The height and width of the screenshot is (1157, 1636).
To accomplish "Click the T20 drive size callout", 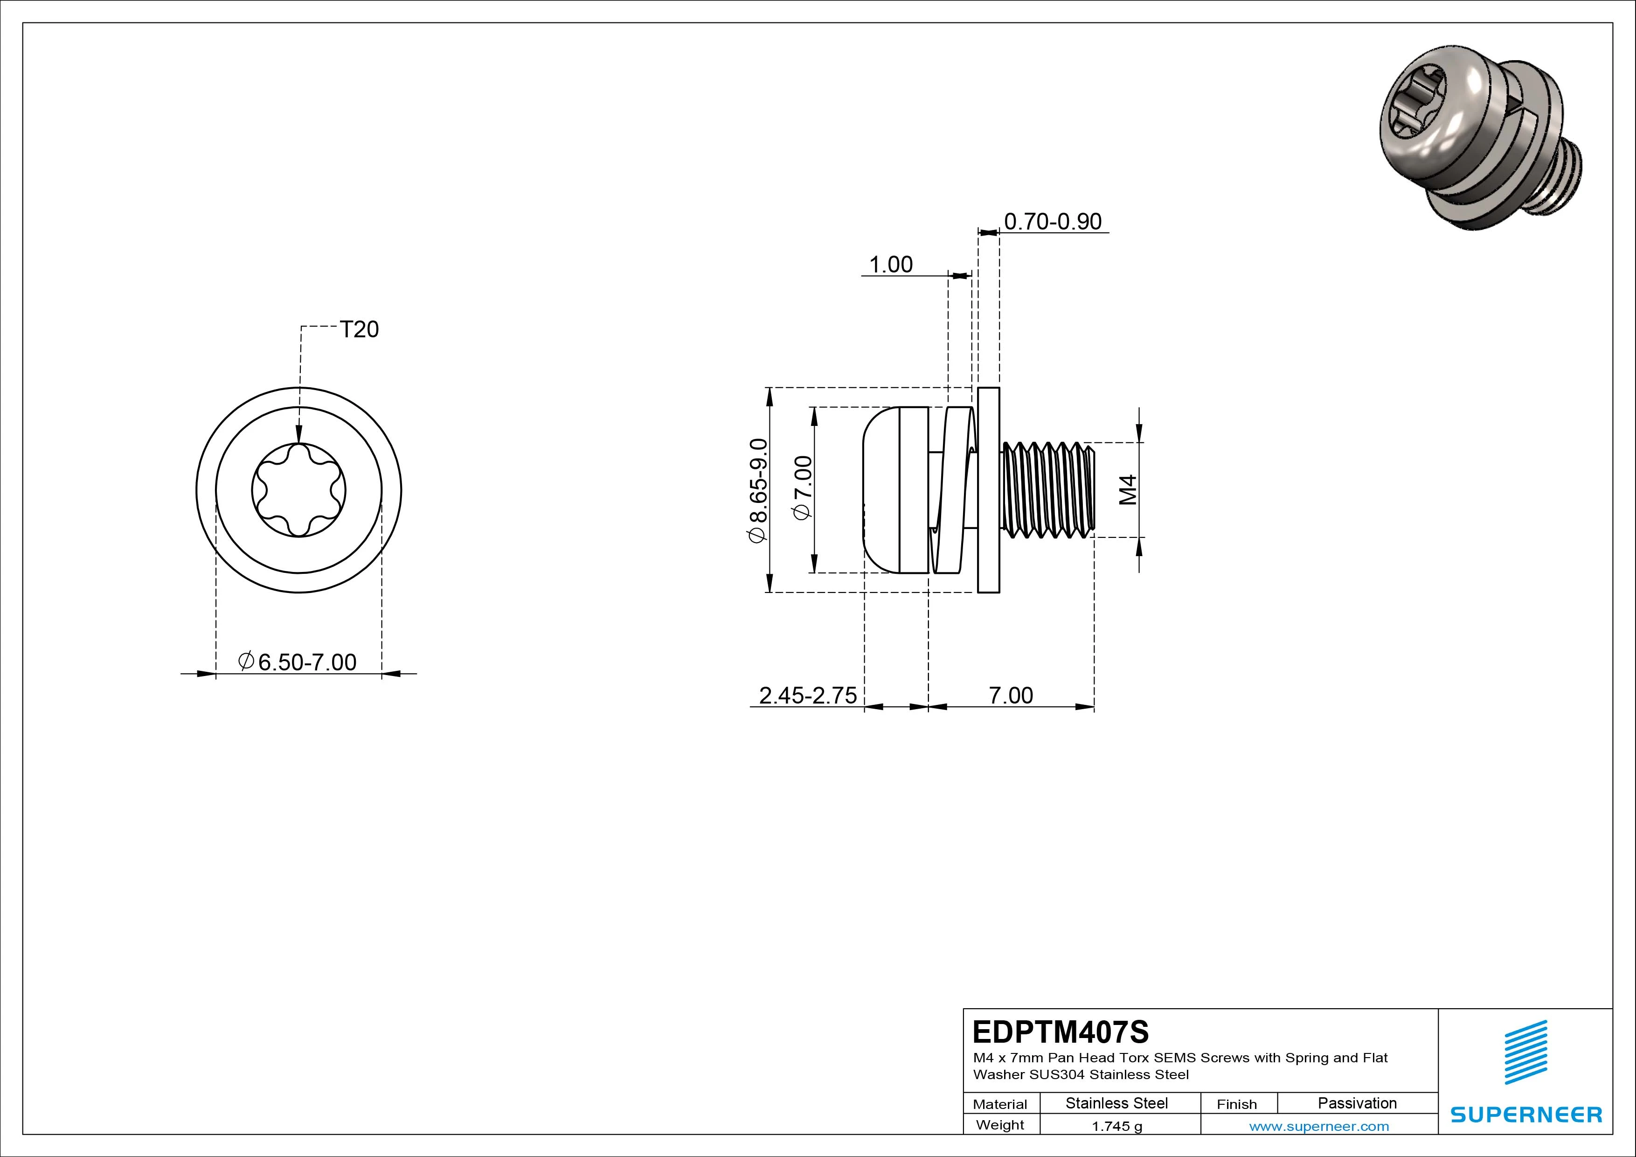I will (x=359, y=329).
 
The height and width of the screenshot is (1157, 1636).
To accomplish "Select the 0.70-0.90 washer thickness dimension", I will (x=1053, y=222).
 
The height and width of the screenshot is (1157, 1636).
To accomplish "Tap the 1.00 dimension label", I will (x=891, y=265).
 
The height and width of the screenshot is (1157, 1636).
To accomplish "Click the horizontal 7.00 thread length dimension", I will (x=1011, y=695).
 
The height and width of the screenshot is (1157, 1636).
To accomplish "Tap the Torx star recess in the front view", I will (x=298, y=490).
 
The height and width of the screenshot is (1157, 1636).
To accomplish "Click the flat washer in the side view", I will (x=988, y=490).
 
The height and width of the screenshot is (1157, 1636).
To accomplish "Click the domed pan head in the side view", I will (x=884, y=490).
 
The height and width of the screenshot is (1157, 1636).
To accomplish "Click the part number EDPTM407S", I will (x=1060, y=1032).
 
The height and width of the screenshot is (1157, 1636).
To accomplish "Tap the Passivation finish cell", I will (x=1357, y=1103).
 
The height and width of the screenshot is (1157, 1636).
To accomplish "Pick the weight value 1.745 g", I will (x=1116, y=1126).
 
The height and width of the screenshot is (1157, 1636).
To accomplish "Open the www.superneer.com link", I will (x=1319, y=1126).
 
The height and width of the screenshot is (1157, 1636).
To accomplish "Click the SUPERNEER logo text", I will (x=1526, y=1114).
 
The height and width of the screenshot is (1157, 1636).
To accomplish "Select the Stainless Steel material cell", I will (x=1116, y=1103).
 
